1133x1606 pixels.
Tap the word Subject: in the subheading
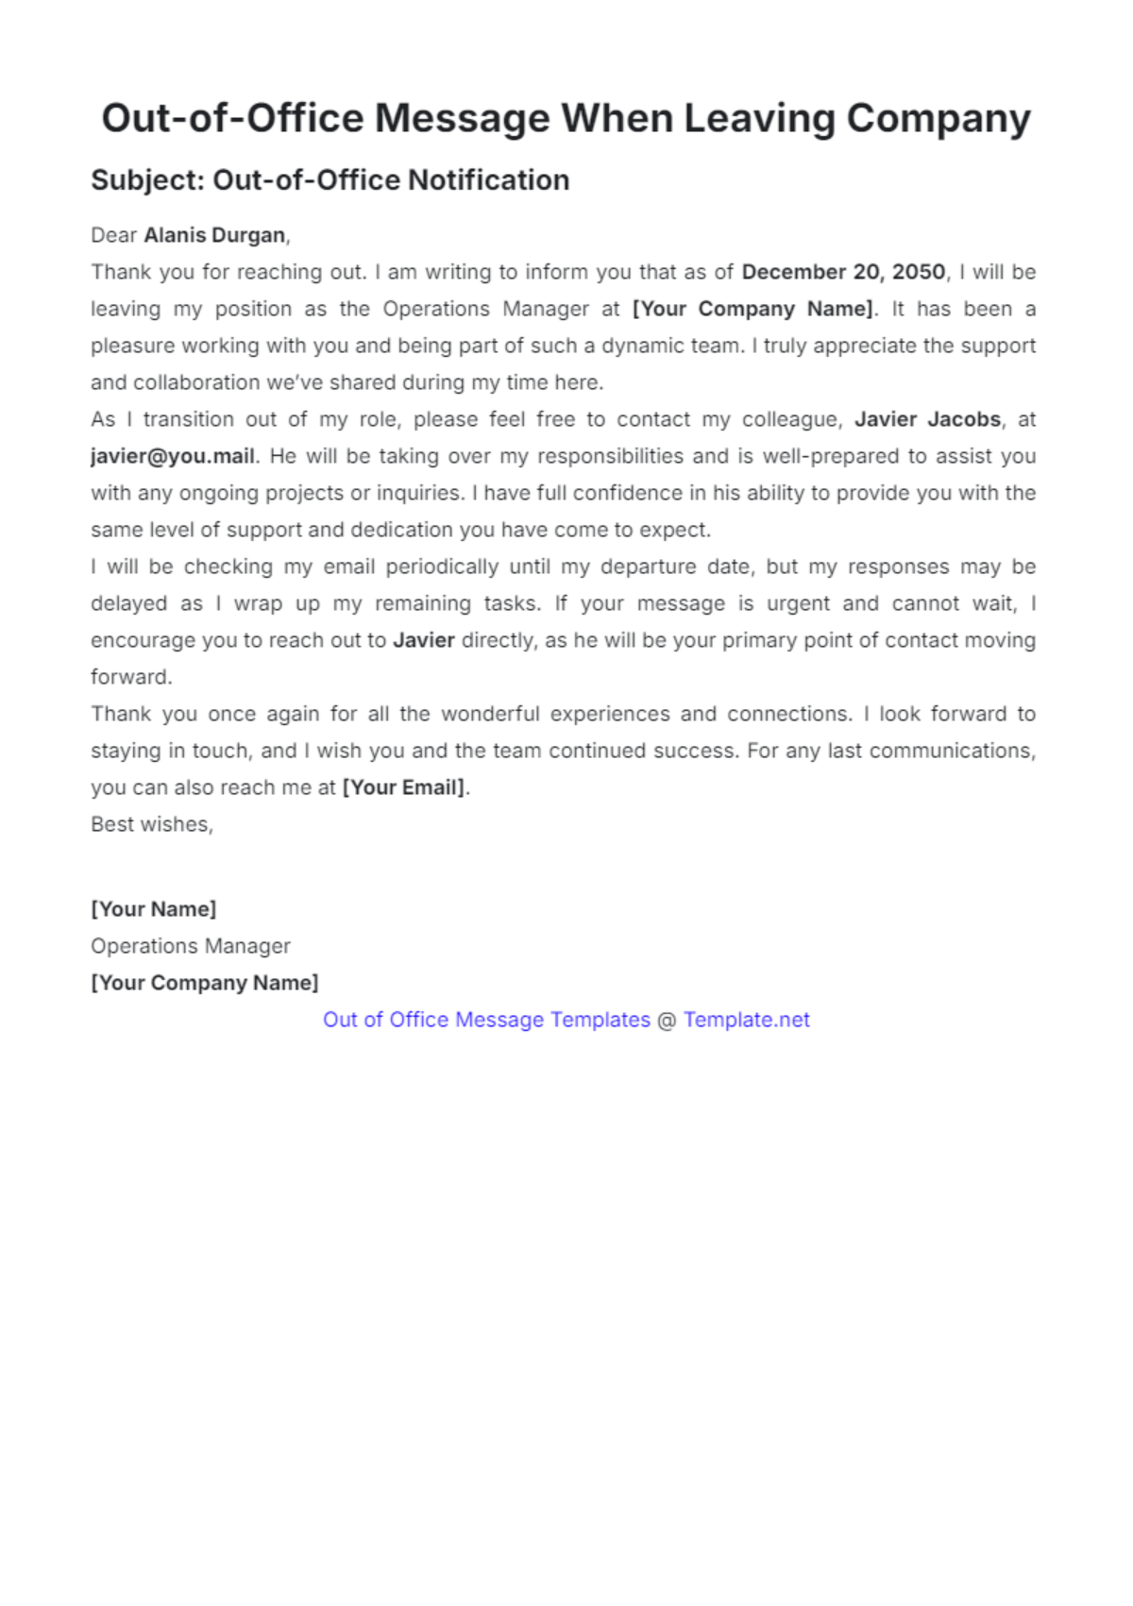pyautogui.click(x=147, y=180)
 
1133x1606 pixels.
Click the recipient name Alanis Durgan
pyautogui.click(x=214, y=235)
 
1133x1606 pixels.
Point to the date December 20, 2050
pyautogui.click(x=843, y=272)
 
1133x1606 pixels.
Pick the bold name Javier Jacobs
pyautogui.click(x=927, y=419)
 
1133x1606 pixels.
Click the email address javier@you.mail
pyautogui.click(x=173, y=456)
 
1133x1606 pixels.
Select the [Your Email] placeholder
pyautogui.click(x=404, y=787)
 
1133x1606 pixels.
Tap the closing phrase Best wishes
pyautogui.click(x=151, y=824)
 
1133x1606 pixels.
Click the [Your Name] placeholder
pyautogui.click(x=154, y=909)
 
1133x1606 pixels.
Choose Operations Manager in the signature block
pyautogui.click(x=191, y=946)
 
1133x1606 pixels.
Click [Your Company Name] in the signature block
pyautogui.click(x=205, y=983)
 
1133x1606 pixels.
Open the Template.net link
pyautogui.click(x=746, y=1020)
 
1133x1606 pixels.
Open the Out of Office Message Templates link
pyautogui.click(x=486, y=1020)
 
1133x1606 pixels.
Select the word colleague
pyautogui.click(x=791, y=419)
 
